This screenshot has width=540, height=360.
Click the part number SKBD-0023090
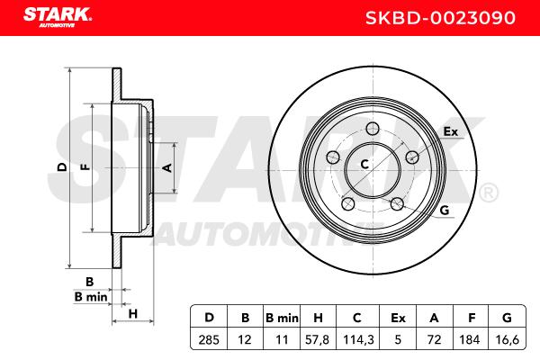click(x=440, y=18)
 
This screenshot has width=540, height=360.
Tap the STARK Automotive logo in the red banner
click(x=58, y=17)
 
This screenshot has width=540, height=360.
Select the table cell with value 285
click(x=209, y=340)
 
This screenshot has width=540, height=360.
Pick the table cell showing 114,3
click(x=358, y=340)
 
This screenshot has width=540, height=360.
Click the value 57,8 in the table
click(x=318, y=340)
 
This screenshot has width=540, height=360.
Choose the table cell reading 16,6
click(x=508, y=340)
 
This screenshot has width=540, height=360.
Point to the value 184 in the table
click(x=470, y=340)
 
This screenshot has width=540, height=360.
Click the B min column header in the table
click(x=282, y=318)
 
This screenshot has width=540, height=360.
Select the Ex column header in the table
click(x=398, y=318)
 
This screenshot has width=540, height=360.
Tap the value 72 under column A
click(x=434, y=340)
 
